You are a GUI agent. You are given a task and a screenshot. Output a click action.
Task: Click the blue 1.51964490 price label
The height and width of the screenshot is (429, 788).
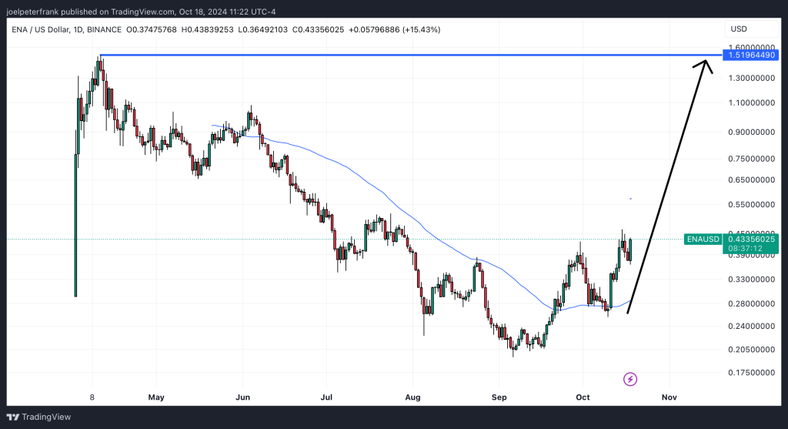[750, 55]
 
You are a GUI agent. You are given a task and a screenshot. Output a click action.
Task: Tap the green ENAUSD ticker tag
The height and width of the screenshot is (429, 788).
[703, 239]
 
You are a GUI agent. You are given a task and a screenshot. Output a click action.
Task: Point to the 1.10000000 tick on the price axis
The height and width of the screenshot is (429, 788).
[751, 102]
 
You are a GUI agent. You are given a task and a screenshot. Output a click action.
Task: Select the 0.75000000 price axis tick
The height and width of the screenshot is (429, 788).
[751, 159]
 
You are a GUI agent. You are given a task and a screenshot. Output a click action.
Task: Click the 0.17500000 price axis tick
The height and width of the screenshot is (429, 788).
[751, 373]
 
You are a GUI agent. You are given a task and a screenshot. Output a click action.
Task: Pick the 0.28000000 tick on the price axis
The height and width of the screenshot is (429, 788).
[751, 304]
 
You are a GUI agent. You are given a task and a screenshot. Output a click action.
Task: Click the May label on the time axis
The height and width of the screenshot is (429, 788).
[156, 397]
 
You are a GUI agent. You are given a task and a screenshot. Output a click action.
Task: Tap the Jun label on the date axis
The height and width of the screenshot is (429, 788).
[242, 397]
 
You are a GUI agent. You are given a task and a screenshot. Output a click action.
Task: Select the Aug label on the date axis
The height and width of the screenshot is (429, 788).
[412, 397]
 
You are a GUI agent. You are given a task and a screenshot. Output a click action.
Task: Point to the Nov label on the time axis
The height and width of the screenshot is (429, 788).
[669, 397]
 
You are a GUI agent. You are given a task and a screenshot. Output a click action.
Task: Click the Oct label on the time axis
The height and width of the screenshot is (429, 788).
[583, 397]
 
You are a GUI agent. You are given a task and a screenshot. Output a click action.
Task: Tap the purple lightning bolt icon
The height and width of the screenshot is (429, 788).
[630, 379]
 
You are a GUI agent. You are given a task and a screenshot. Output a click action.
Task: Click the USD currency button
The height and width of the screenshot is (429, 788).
[739, 29]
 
